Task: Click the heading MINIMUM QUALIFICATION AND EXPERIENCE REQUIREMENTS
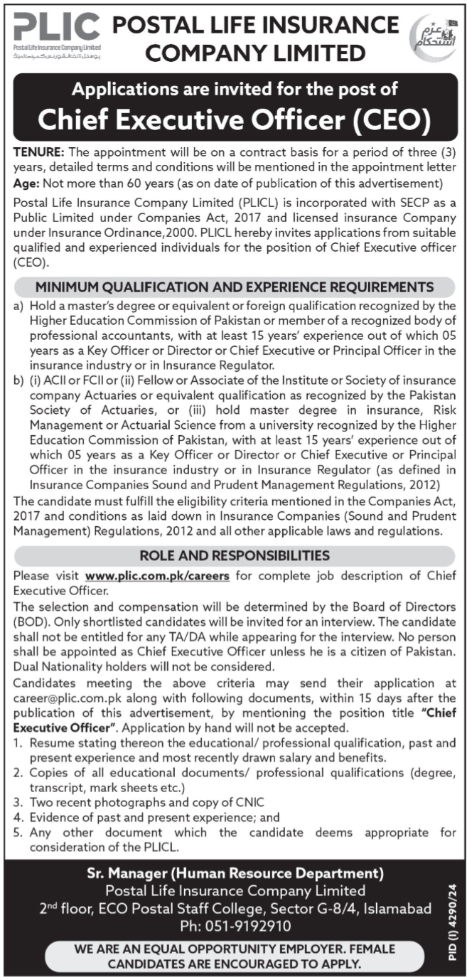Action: pos(234,287)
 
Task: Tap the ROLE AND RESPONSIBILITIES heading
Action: pos(234,555)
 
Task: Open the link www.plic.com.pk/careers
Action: pos(157,576)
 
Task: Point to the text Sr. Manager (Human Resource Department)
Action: pos(234,872)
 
